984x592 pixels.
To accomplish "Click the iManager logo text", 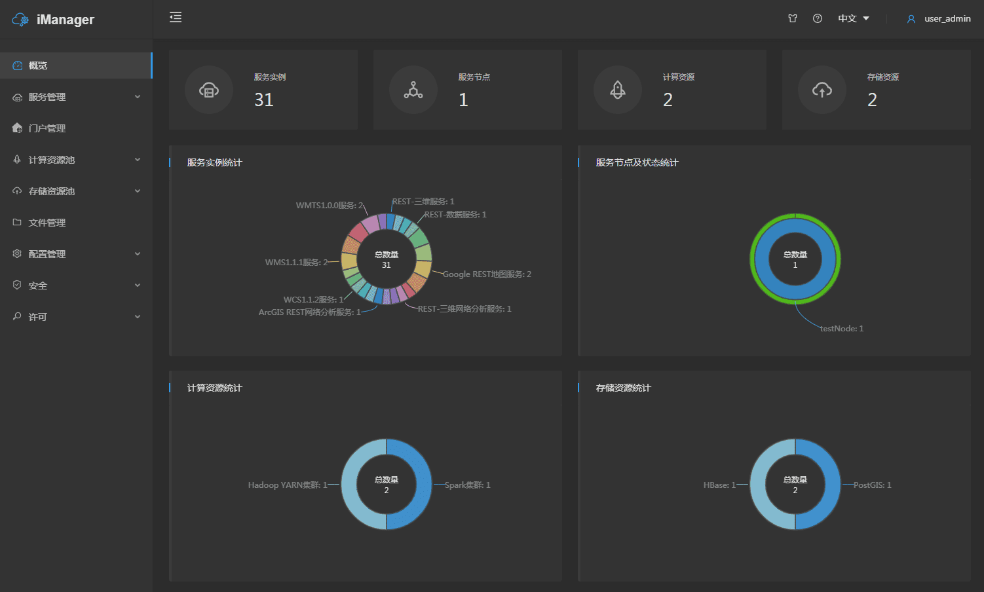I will click(65, 20).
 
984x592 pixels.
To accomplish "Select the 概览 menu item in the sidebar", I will click(38, 65).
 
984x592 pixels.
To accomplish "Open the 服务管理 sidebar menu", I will click(47, 97).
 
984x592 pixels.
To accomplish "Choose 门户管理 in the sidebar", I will click(47, 128).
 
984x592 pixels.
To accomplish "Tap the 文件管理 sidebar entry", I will click(47, 223).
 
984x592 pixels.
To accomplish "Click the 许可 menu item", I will click(38, 317).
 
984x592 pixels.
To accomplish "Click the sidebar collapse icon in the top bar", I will click(176, 18).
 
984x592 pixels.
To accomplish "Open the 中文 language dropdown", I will click(853, 18).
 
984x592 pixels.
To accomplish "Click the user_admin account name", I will click(947, 18).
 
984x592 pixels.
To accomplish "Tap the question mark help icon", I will click(818, 18).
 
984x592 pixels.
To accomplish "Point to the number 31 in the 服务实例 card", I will click(264, 100).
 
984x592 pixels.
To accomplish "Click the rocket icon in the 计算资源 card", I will click(618, 90).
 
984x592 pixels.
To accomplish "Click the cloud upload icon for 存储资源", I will click(822, 90).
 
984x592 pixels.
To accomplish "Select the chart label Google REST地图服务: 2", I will click(487, 274).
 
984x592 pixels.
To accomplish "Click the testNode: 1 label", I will click(842, 329).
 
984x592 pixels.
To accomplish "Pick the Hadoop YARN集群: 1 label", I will click(288, 485).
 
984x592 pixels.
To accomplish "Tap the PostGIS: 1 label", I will click(872, 485).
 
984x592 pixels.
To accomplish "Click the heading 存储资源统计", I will click(624, 388).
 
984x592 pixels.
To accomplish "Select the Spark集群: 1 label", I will click(467, 485).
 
